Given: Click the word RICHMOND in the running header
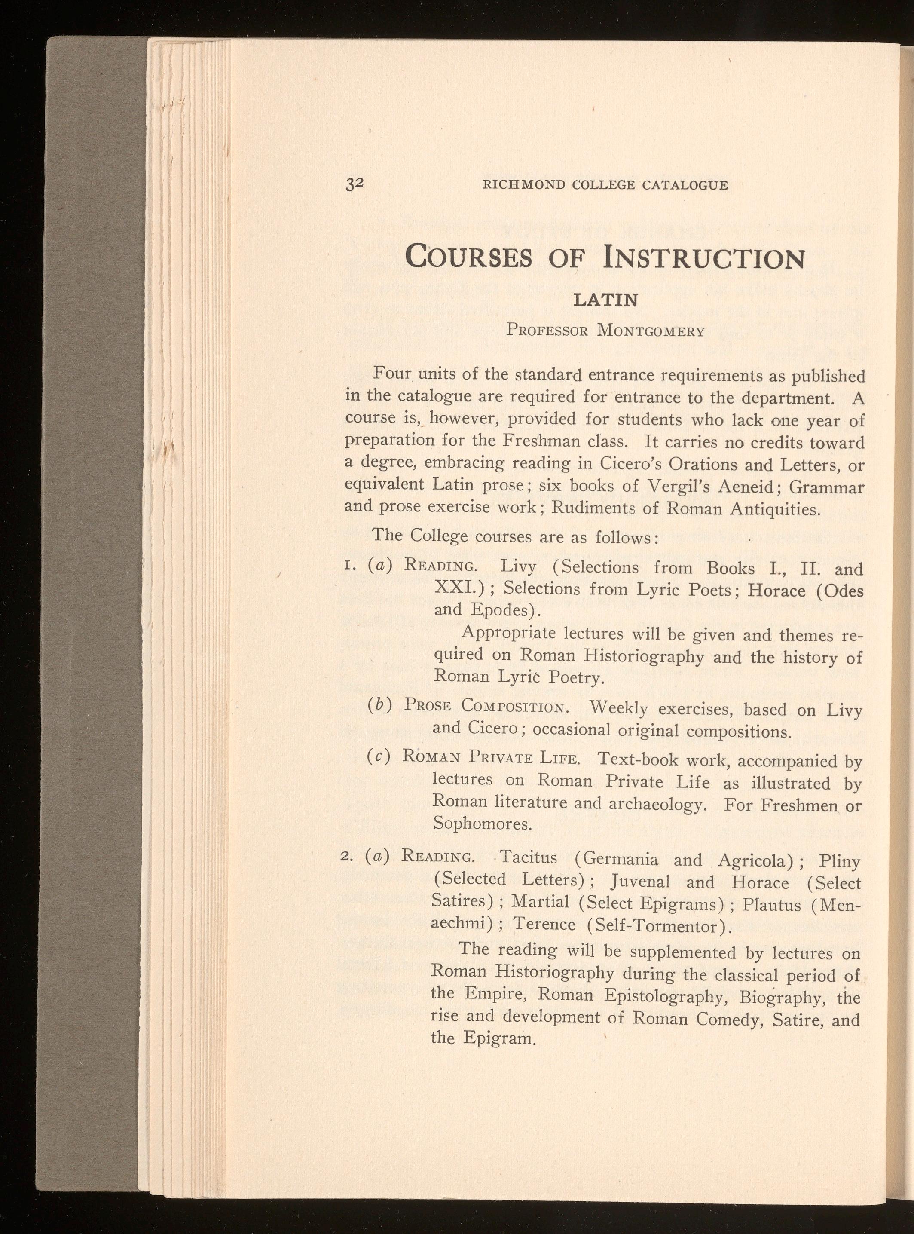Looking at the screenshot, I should [523, 185].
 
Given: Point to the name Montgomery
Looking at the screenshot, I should [651, 331].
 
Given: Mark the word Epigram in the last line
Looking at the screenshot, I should [498, 1038].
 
